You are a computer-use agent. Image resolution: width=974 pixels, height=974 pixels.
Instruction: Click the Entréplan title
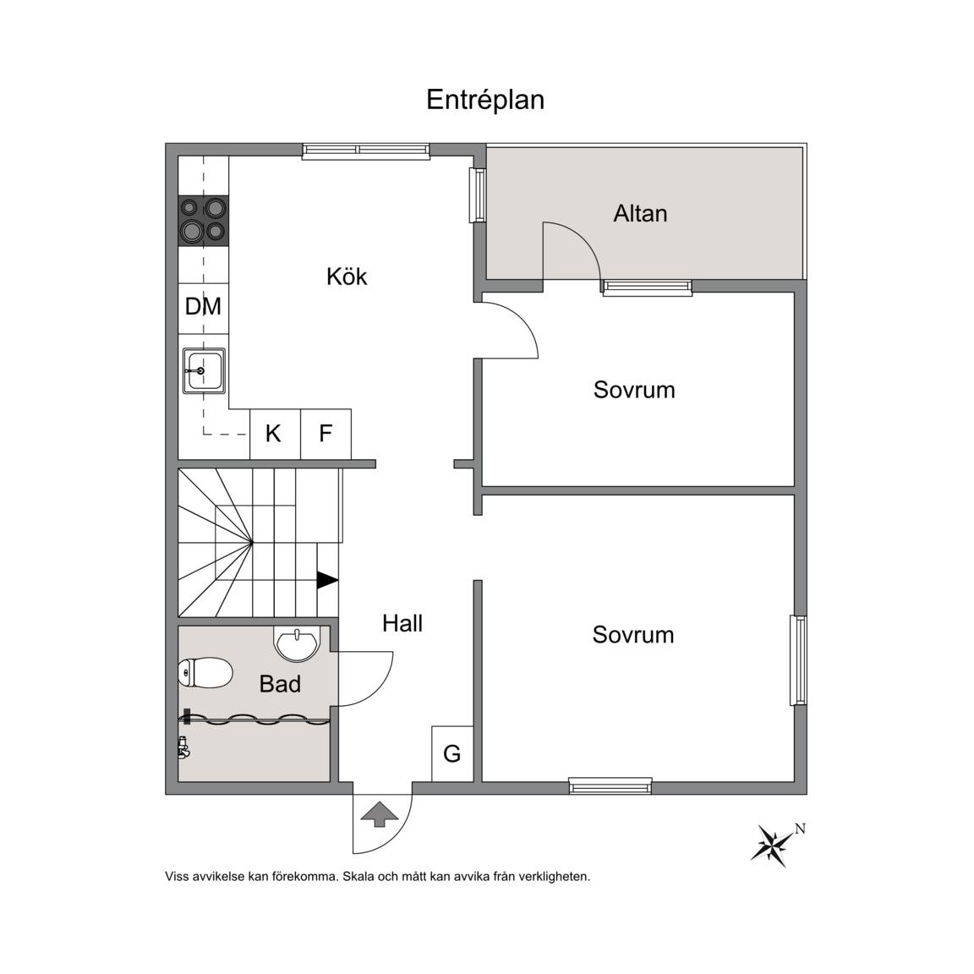tap(485, 100)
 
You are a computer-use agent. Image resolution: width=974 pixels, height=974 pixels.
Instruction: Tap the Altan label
tap(640, 214)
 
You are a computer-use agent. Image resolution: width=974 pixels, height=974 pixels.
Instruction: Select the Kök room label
tap(347, 276)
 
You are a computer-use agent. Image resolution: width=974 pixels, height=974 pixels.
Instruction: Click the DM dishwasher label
tap(203, 306)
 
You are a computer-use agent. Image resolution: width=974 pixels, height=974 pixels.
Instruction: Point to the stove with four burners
tap(203, 220)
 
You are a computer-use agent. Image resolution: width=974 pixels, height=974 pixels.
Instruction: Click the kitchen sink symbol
tap(204, 371)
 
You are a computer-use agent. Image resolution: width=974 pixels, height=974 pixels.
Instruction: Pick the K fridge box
tap(275, 435)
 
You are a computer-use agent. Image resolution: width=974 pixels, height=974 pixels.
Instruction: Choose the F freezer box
tap(326, 435)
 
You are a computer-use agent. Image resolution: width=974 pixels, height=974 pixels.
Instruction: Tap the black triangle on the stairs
tap(326, 580)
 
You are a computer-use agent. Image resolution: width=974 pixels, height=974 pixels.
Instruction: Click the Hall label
tap(402, 623)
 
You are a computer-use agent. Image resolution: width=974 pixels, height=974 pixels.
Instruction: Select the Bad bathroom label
tap(280, 684)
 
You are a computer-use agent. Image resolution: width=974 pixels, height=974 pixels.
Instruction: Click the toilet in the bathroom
tap(205, 673)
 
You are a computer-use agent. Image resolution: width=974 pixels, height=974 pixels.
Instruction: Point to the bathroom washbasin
tap(298, 643)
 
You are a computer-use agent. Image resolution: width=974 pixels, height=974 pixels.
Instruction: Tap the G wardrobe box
tap(452, 753)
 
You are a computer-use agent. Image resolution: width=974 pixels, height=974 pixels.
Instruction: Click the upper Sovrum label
tap(634, 390)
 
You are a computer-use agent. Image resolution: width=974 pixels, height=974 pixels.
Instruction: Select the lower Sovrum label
tap(633, 635)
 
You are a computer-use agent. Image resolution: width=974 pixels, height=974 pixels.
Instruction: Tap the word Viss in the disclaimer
tap(176, 877)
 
